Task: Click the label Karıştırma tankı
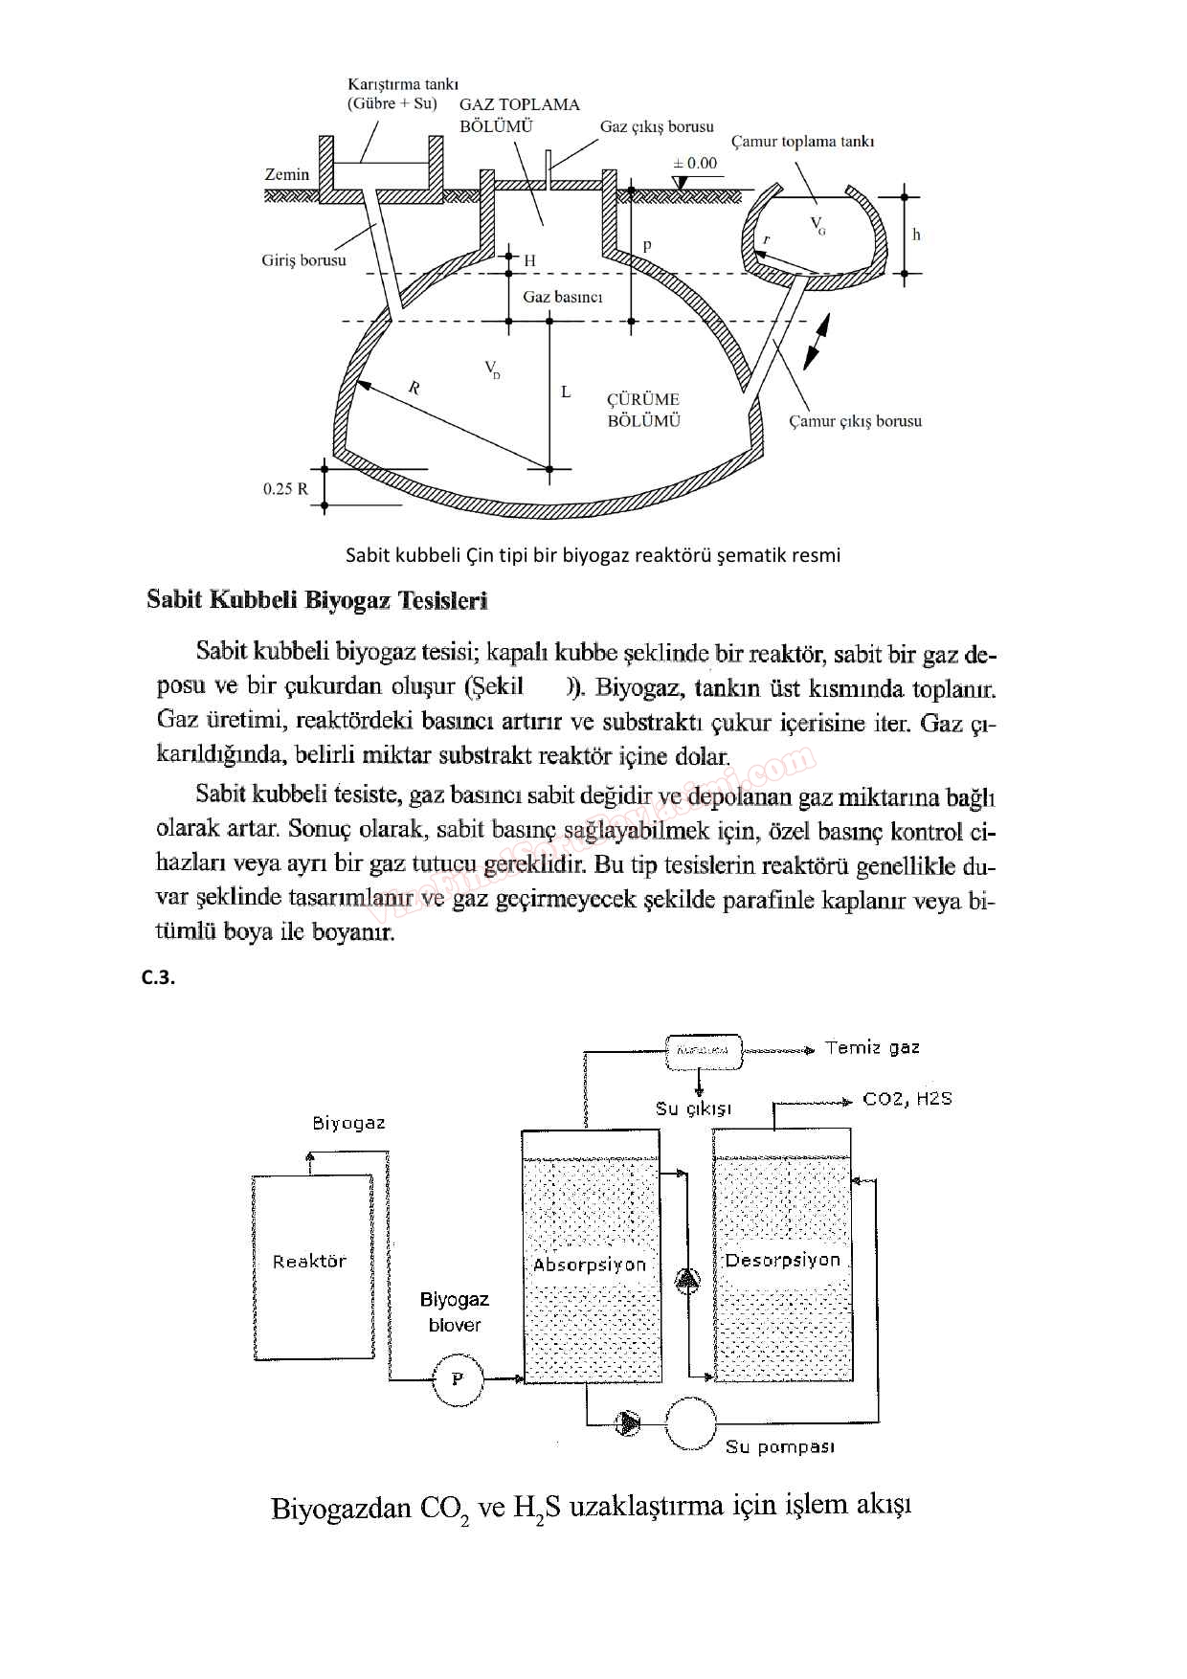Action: pyautogui.click(x=402, y=84)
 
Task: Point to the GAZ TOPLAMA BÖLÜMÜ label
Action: pyautogui.click(x=519, y=115)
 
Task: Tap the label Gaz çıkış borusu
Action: pyautogui.click(x=657, y=126)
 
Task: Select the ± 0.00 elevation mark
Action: pyautogui.click(x=695, y=164)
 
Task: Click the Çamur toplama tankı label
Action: pyautogui.click(x=802, y=142)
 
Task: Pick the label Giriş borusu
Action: pyautogui.click(x=303, y=260)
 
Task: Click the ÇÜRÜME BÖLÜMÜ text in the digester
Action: pyautogui.click(x=643, y=410)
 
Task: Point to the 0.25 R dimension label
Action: pyautogui.click(x=285, y=488)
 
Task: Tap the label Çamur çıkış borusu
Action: pyautogui.click(x=855, y=421)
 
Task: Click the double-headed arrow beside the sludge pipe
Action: pyautogui.click(x=817, y=342)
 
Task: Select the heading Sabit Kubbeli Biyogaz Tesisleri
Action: pyautogui.click(x=317, y=601)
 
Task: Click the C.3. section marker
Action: pyautogui.click(x=158, y=977)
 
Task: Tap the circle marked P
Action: pyautogui.click(x=458, y=1379)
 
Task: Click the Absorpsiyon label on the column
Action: pyautogui.click(x=590, y=1265)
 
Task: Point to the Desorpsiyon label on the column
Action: pyautogui.click(x=782, y=1261)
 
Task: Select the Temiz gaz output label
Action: pyautogui.click(x=872, y=1048)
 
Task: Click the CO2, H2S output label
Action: pyautogui.click(x=907, y=1099)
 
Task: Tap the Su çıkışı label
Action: pyautogui.click(x=693, y=1108)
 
